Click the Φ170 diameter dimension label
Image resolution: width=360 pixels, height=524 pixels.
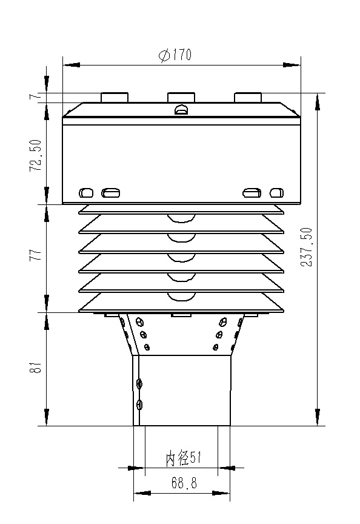coord(175,56)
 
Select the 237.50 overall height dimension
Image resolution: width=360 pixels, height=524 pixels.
coord(307,247)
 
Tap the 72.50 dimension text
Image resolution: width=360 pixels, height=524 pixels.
coord(36,156)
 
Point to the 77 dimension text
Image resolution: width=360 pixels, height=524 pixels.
coord(36,254)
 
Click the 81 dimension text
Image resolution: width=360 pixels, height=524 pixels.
coord(36,368)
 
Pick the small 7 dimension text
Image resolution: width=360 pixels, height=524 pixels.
coord(36,96)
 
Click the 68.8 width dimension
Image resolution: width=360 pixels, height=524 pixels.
coord(182,484)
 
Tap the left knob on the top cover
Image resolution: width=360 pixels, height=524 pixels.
coord(114,97)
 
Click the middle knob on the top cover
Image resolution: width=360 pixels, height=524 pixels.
coord(181,97)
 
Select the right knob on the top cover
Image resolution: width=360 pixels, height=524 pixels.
coord(247,97)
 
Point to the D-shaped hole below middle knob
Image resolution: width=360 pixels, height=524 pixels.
coord(181,110)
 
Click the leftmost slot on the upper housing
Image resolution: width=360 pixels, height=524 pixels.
coord(86,193)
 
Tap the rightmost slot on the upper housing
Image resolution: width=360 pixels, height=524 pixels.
coord(276,193)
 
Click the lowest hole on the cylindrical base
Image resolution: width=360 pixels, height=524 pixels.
coord(140,405)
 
